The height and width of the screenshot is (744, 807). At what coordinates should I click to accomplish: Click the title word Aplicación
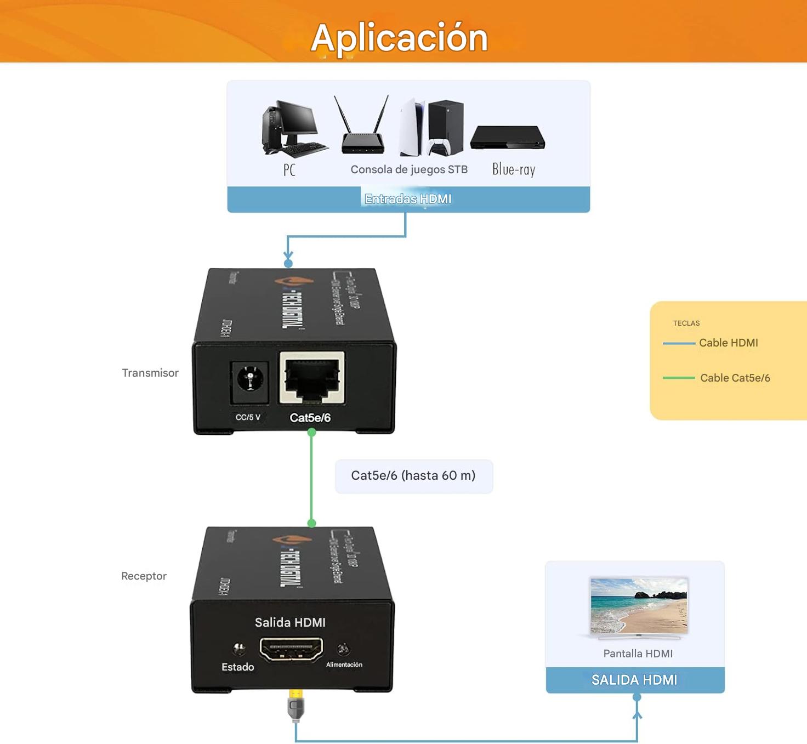(399, 38)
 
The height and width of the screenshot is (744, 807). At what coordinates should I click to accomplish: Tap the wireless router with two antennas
(362, 129)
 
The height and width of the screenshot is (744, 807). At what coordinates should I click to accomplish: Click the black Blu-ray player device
(507, 138)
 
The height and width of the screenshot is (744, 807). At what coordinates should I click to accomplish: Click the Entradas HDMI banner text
(408, 199)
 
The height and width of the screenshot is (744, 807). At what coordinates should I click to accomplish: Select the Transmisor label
(150, 373)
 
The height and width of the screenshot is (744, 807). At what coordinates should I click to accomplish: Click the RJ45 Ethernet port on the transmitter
(312, 378)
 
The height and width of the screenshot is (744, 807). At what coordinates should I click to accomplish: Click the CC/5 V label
(248, 417)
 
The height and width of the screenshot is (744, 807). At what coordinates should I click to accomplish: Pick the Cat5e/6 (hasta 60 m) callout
(413, 476)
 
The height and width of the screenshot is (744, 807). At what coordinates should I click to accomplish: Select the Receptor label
(144, 576)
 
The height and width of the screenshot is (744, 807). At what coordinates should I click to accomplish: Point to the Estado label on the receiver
(237, 667)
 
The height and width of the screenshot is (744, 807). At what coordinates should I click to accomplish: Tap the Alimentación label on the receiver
(344, 665)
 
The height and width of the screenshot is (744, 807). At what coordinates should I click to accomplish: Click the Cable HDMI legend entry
(728, 343)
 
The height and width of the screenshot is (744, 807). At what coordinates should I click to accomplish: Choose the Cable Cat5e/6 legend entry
(735, 378)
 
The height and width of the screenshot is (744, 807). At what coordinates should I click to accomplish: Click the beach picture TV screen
(639, 605)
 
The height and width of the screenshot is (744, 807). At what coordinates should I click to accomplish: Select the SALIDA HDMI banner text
(634, 680)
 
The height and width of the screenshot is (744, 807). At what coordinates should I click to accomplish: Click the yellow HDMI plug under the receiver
(295, 704)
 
